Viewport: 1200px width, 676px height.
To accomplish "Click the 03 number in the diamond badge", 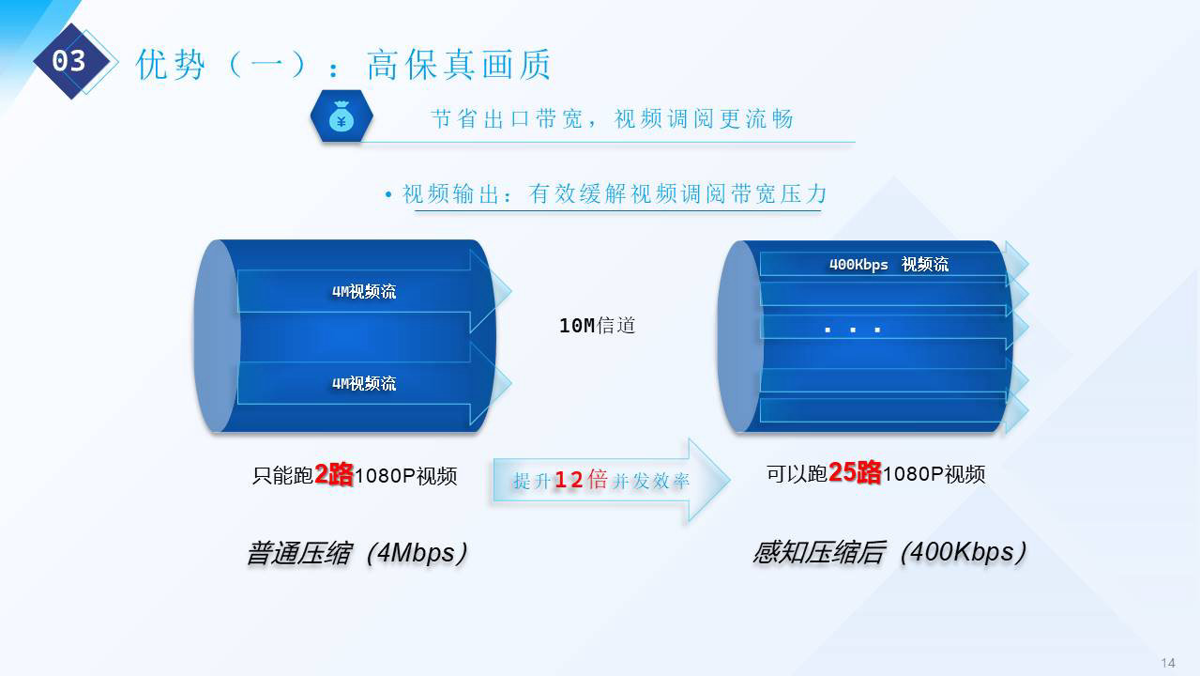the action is pos(68,61).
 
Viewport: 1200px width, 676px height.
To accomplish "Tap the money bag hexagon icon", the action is pos(342,116).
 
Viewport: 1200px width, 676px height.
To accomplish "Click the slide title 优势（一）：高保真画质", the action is pos(343,65).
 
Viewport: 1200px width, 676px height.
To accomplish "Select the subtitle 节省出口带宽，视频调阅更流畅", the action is pos(612,118).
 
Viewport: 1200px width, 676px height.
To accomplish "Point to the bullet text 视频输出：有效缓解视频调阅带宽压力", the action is pos(615,194).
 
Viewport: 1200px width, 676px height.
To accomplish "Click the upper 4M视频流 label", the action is pos(364,292).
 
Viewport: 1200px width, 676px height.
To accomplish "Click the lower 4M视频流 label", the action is pos(364,383).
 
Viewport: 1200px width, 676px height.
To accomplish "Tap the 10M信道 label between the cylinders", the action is pos(598,326).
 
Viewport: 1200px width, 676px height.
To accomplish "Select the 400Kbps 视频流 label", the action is pos(889,264).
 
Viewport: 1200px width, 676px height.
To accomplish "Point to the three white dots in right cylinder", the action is pos(853,330).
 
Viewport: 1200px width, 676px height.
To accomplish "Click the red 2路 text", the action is pos(334,474).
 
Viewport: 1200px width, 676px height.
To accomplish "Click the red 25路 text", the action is pos(855,472).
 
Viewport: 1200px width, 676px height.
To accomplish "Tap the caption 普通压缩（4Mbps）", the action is pos(357,553).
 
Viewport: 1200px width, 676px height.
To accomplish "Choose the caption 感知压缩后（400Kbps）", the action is pos(889,552).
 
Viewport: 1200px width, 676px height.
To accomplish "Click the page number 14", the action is pos(1168,663).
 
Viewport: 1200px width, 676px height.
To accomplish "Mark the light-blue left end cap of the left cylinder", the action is pos(217,336).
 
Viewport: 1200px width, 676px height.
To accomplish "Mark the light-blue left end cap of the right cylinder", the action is pos(740,337).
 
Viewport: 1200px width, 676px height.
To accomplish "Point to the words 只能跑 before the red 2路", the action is pos(282,475).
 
